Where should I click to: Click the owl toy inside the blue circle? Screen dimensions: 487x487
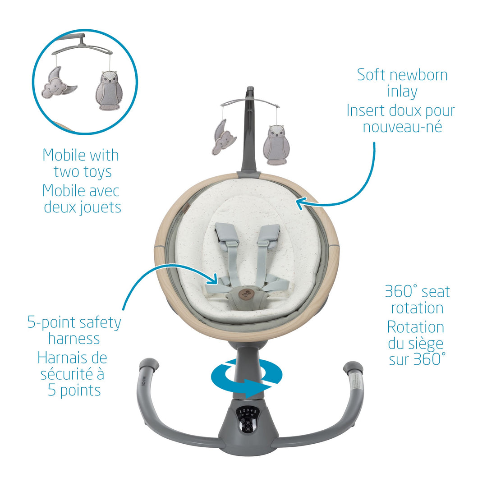109,90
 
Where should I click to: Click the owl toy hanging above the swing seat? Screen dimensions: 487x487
276,145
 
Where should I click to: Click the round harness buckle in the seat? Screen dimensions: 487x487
244,294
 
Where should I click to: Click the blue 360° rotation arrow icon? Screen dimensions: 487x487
247,378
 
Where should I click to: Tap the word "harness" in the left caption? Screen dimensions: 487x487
74,339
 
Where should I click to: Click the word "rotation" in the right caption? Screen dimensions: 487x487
417,308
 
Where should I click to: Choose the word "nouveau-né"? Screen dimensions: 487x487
403,126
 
